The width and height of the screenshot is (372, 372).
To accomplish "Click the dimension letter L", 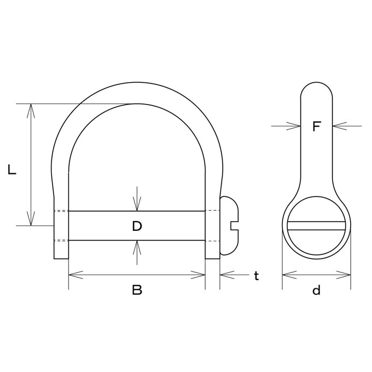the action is (11, 170).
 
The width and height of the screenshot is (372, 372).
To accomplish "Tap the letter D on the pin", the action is (137, 226).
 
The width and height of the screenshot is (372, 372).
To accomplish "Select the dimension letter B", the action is (137, 290).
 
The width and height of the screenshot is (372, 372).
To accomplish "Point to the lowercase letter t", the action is (256, 276).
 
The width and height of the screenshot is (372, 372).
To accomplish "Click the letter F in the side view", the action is (317, 126).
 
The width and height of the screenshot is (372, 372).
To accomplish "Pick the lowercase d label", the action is (317, 290).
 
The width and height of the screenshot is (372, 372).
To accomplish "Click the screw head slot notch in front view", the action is (234, 225).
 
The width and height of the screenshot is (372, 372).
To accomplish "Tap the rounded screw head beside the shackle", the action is (229, 225).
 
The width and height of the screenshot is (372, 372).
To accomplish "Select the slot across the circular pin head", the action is (316, 225).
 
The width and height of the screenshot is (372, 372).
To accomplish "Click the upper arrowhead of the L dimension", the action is (31, 111).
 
